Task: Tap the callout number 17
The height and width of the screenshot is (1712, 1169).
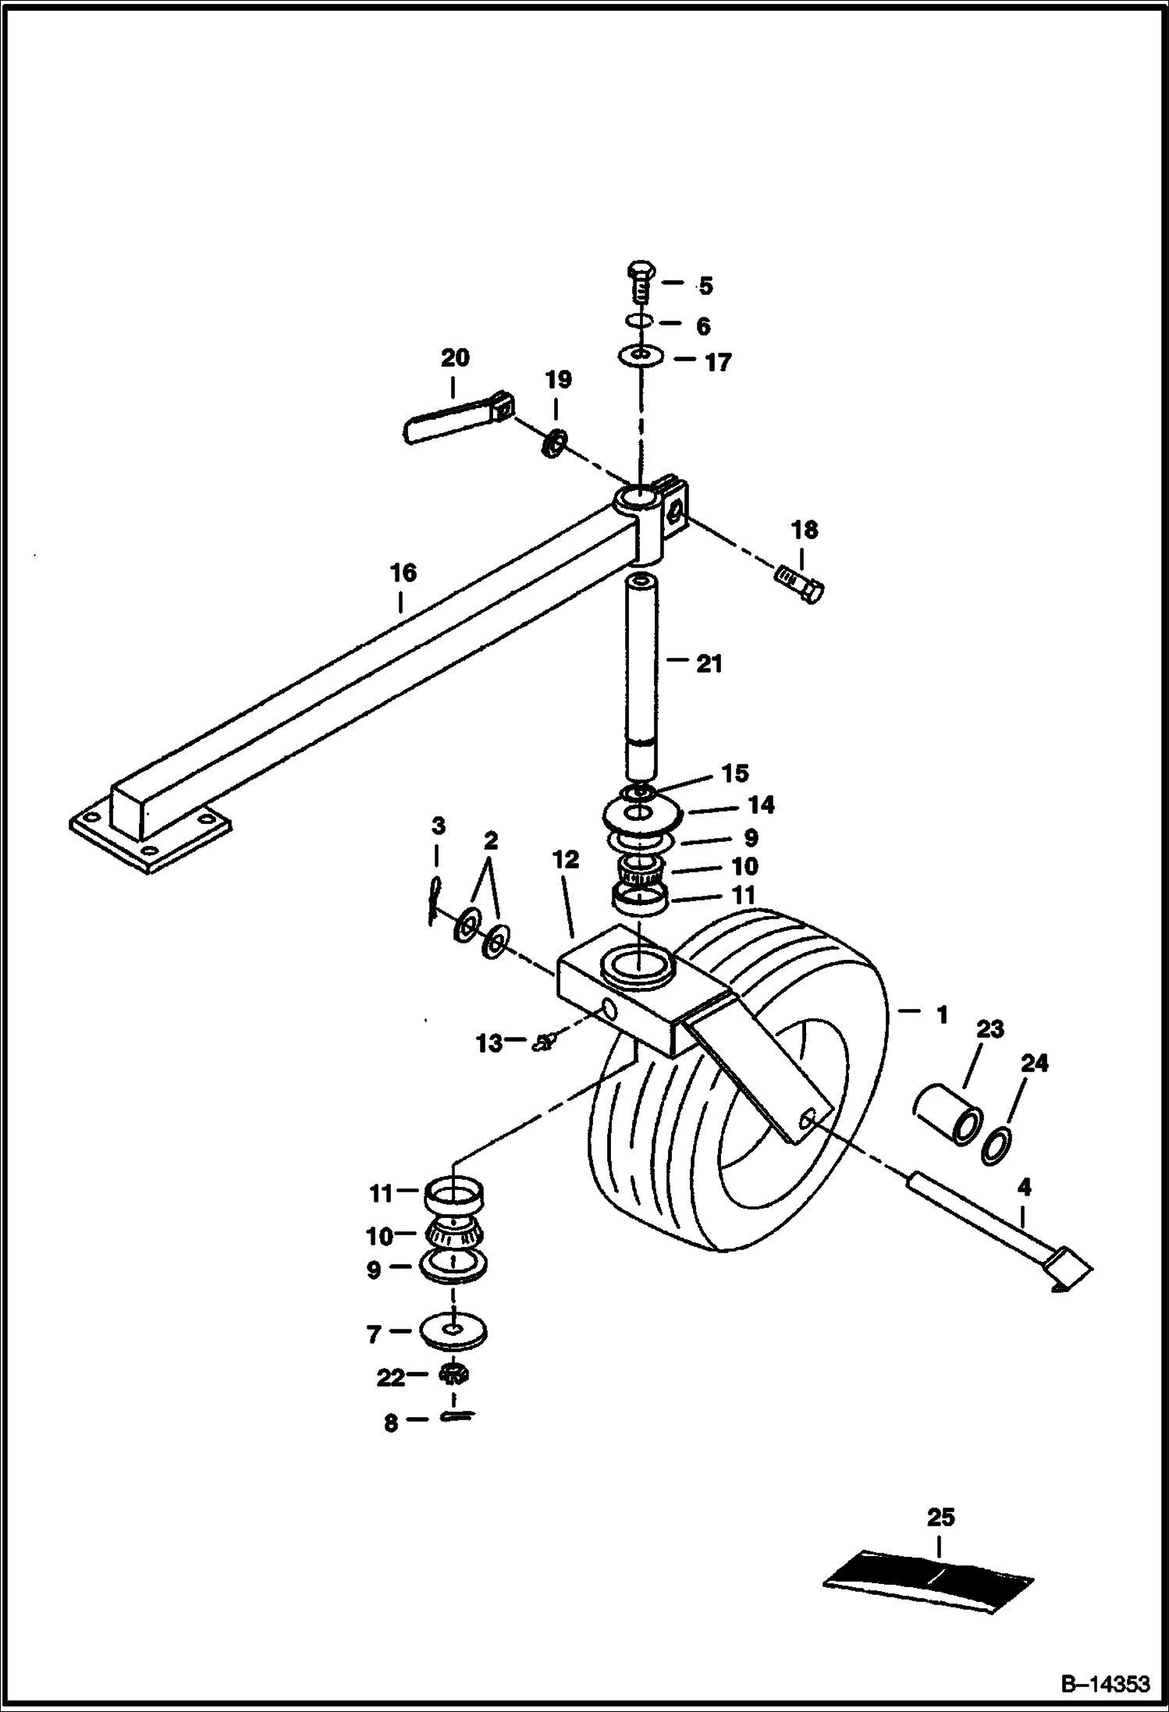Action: pos(718,363)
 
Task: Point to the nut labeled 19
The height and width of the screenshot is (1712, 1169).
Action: pos(554,445)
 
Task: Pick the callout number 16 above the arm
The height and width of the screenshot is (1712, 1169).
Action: pos(403,573)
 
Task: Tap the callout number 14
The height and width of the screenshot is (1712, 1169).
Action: pos(761,804)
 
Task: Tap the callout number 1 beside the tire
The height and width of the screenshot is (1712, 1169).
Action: pos(943,1015)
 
